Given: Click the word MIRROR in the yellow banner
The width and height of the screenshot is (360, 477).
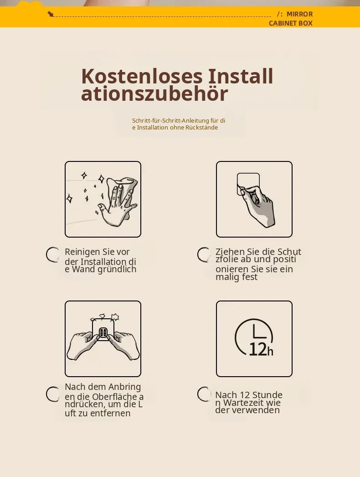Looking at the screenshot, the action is point(299,14).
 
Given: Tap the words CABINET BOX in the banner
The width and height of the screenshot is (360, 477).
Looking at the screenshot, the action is point(291,23).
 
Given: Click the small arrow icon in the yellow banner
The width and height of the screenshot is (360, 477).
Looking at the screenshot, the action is point(51,14).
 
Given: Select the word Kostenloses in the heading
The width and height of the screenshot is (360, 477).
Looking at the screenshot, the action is point(142,76).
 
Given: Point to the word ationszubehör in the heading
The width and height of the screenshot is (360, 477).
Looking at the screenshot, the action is point(154,93).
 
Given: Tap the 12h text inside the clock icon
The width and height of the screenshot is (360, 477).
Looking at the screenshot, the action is point(261,349).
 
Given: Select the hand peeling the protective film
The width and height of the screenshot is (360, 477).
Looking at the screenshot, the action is point(258,205).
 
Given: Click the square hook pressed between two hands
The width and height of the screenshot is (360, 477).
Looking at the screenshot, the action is point(103,330).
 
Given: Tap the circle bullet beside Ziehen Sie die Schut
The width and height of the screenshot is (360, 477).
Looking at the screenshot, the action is point(204,254).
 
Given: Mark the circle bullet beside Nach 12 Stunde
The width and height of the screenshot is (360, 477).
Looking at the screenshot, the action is point(204,394).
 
